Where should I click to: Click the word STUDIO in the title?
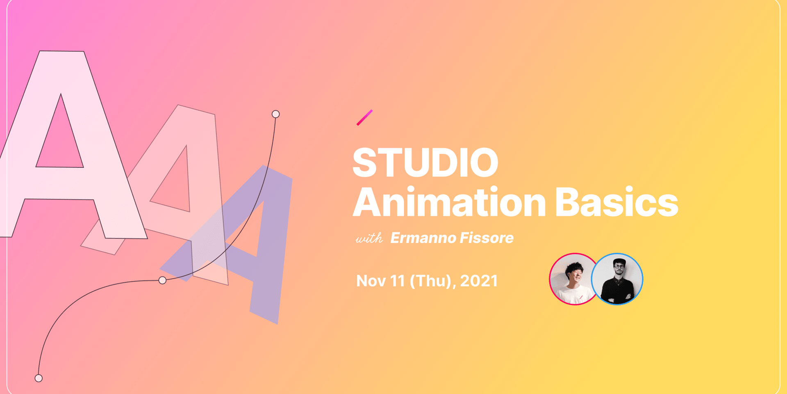coord(425,163)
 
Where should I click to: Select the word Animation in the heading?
coord(449,202)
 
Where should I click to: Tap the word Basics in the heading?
coord(617,202)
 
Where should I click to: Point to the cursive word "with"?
coord(369,238)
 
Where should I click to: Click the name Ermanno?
coord(423,238)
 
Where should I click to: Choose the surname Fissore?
coord(487,238)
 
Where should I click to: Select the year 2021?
coord(479,281)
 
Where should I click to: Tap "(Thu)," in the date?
coord(433,282)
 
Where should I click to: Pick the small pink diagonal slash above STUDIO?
coord(364,118)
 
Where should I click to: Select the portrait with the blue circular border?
coord(617,279)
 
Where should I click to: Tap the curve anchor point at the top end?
coord(276,114)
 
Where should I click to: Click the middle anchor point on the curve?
coord(162,280)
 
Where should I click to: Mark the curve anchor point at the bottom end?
coord(39,378)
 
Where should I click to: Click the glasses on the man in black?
coord(619,267)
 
